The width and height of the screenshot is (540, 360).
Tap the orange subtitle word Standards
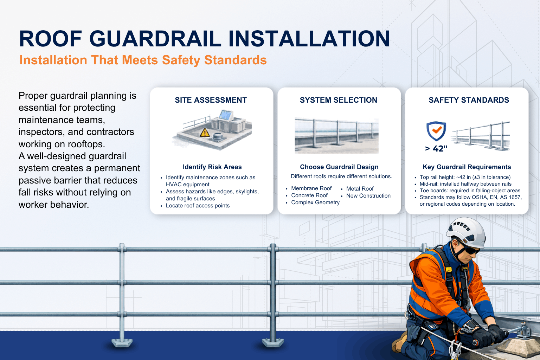[235, 60]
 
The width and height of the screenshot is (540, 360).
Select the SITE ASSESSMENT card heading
[211, 100]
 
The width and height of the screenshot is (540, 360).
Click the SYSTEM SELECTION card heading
[338, 100]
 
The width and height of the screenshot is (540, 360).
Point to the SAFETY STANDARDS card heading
[469, 100]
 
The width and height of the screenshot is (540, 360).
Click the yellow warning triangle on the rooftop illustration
[205, 133]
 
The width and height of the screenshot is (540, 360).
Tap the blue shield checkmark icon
[436, 131]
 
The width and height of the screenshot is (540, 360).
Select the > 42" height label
[436, 149]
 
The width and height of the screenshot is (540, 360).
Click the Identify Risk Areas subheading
[212, 167]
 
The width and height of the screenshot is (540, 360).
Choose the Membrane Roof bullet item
[311, 188]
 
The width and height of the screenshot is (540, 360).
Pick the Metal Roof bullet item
[360, 189]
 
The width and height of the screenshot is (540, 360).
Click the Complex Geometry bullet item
[315, 202]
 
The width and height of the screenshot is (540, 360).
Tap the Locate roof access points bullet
[198, 206]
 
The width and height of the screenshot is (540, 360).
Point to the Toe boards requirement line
[470, 191]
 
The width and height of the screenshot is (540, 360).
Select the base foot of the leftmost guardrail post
[122, 342]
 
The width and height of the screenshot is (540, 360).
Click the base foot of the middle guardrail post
[273, 342]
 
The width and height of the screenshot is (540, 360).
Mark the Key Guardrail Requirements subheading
[467, 167]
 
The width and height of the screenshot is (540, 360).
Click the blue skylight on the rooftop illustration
[225, 115]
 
